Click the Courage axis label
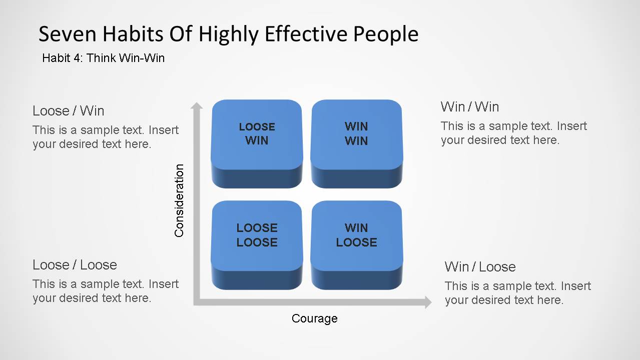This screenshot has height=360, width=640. (x=314, y=318)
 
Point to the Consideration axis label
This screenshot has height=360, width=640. (x=179, y=200)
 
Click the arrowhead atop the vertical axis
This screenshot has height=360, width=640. (x=197, y=105)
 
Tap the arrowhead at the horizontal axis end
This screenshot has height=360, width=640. (x=427, y=302)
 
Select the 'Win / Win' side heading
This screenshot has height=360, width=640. (x=469, y=107)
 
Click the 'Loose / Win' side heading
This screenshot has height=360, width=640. (x=68, y=110)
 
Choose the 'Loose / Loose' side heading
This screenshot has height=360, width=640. (x=75, y=264)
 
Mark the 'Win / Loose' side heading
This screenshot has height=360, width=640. (x=480, y=266)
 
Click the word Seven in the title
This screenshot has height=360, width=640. (x=66, y=34)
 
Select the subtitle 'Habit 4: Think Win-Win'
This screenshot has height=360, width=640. (x=103, y=58)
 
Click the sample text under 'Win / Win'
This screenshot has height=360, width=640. (x=513, y=133)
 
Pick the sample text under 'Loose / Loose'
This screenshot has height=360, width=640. (x=105, y=291)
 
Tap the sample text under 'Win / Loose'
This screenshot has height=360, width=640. (x=517, y=293)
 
